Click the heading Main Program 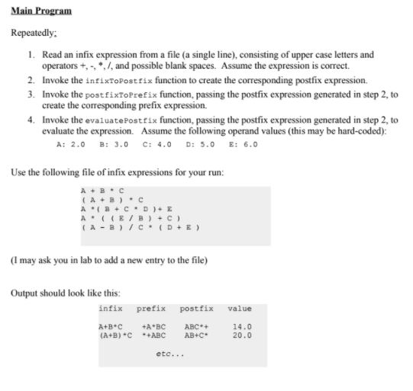click(42, 11)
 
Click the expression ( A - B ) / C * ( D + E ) click(137, 226)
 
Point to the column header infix click(111, 308)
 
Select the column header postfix click(196, 308)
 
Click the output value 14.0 click(241, 326)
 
